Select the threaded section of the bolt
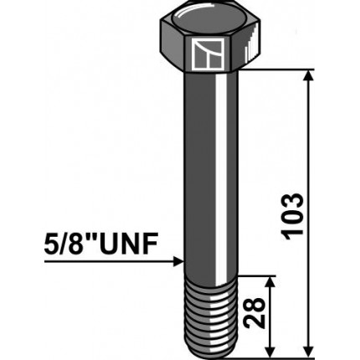tap(209, 315)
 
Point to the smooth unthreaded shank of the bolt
tap(209, 167)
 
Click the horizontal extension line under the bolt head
tap(276, 70)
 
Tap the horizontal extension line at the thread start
tap(255, 274)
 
